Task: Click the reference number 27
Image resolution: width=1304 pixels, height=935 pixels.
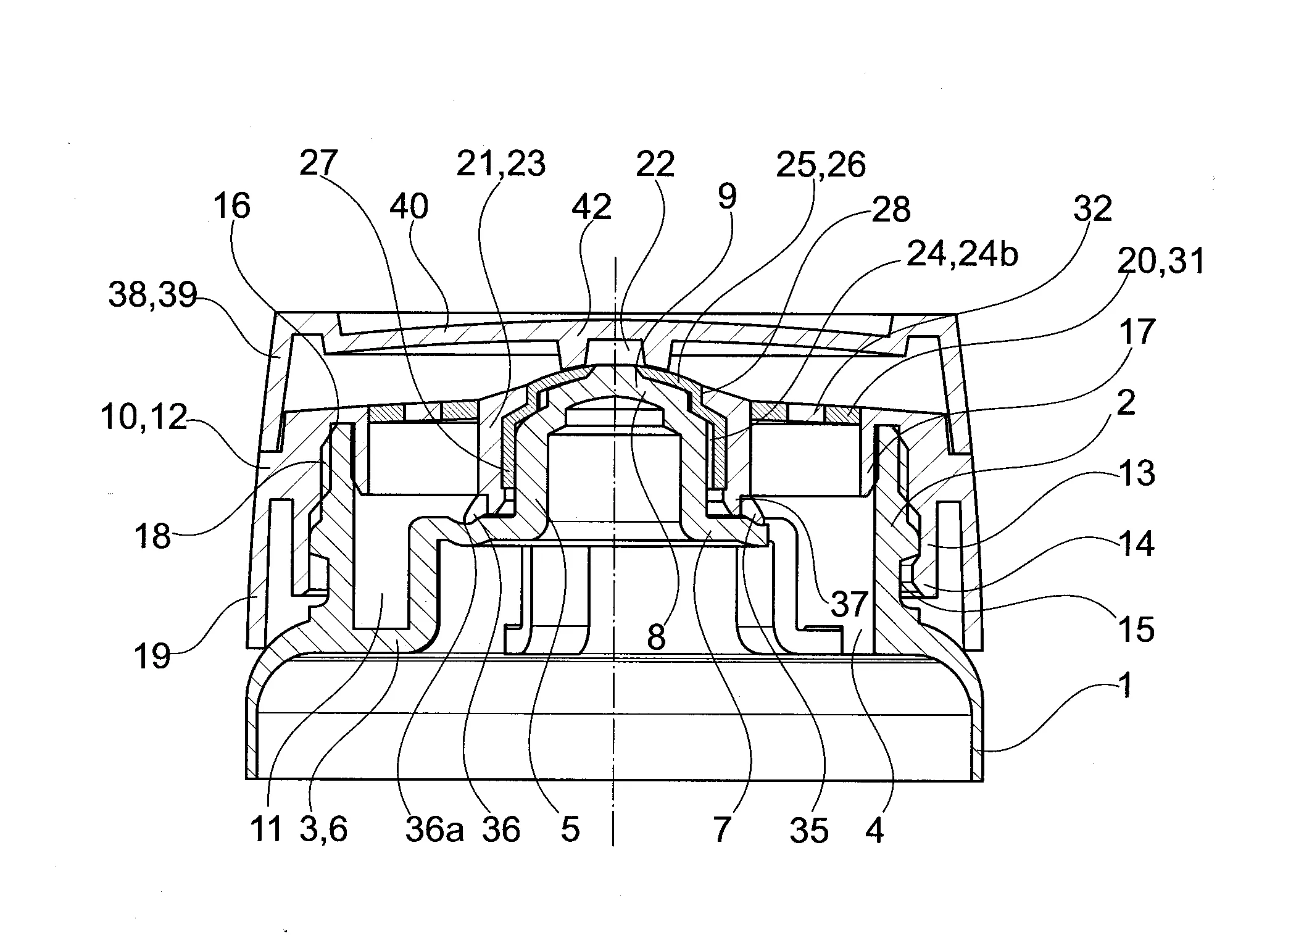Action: click(318, 164)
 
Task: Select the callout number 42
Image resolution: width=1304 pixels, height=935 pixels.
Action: click(592, 207)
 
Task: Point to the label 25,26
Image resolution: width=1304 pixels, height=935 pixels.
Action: click(821, 165)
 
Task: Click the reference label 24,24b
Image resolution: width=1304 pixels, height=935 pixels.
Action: click(961, 254)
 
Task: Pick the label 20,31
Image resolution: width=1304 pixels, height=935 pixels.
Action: click(1161, 261)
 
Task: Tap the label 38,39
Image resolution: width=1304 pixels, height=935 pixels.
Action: click(152, 295)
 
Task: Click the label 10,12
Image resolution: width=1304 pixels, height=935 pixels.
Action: click(144, 418)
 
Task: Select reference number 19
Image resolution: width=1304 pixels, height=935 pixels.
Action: click(152, 655)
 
